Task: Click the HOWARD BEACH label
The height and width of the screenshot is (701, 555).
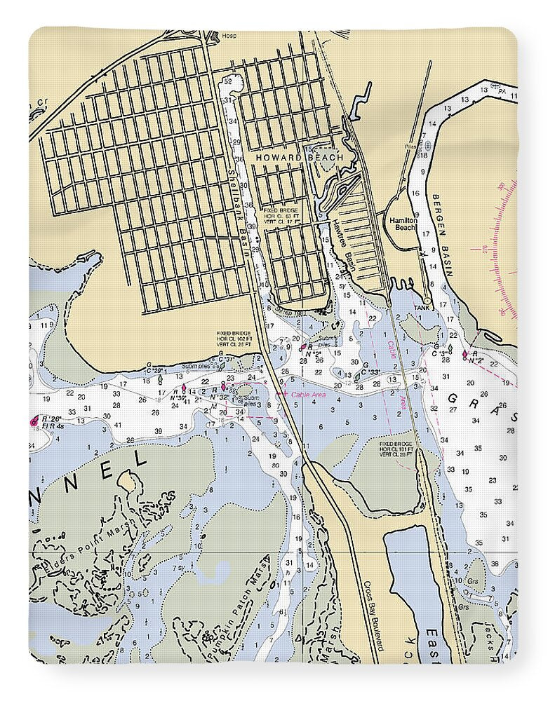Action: point(300,158)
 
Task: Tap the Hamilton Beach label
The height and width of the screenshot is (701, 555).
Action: point(403,224)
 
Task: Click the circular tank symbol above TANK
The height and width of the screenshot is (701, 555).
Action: point(427,301)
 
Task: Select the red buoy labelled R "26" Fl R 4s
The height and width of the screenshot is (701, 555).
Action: point(34,421)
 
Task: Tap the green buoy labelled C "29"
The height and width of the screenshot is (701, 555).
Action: point(160,379)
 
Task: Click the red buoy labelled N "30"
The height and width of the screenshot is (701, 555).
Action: point(184,387)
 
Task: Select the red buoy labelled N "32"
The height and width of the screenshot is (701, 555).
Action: point(223,385)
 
